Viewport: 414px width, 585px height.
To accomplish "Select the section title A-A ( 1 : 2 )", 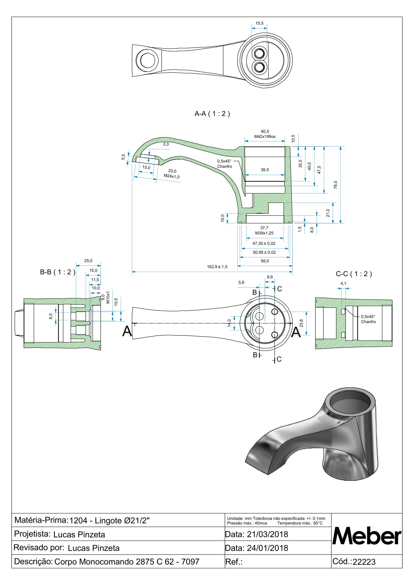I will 212,114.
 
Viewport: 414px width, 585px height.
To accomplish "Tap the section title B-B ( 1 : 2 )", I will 57,272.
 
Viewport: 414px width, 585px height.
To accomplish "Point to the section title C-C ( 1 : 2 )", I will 353,274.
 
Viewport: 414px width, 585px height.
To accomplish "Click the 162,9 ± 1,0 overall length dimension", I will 217,267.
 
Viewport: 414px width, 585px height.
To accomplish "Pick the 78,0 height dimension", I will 335,184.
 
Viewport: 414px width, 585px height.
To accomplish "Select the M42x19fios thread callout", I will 265,137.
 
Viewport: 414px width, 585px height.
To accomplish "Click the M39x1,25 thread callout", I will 264,233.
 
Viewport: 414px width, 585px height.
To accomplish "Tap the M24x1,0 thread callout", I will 172,176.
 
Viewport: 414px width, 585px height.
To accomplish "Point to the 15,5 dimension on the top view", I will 260,23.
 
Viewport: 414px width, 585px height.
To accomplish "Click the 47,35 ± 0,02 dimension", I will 264,244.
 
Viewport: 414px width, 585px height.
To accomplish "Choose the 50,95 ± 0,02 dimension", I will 264,252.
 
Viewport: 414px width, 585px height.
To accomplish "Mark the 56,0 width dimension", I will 265,261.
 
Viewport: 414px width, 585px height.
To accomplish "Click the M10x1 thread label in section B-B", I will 108,297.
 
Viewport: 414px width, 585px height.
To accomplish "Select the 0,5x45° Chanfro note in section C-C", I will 368,319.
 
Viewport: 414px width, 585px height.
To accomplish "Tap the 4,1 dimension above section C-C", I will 343,283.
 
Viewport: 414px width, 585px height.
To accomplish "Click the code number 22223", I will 364,562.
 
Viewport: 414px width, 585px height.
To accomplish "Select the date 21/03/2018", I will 267,534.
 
